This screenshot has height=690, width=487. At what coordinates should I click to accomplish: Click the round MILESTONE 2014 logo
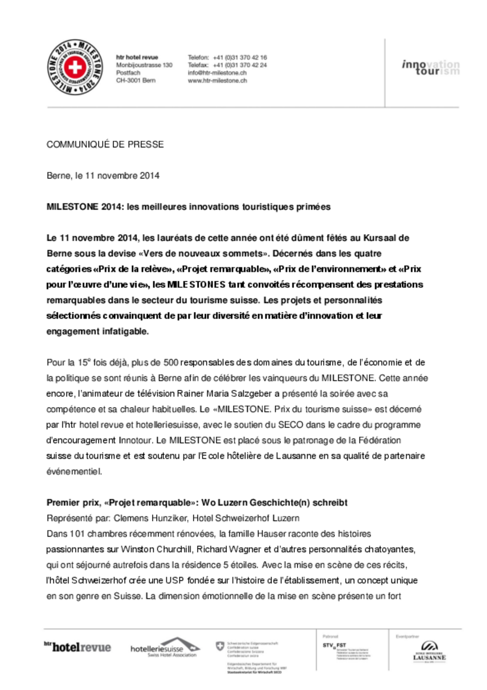tap(74, 66)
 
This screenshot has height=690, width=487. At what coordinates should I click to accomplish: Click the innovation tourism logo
tap(430, 67)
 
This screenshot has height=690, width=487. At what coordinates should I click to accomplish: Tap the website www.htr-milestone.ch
tap(217, 80)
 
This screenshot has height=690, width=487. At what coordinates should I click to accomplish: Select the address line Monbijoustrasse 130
tap(144, 65)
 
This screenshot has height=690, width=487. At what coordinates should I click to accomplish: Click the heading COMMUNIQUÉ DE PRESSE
tap(105, 144)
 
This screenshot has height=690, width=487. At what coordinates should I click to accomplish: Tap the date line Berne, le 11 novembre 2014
tap(103, 176)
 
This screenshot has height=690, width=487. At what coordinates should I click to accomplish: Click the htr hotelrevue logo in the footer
tap(77, 647)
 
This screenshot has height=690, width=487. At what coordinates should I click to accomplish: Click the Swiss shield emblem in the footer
tap(220, 645)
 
